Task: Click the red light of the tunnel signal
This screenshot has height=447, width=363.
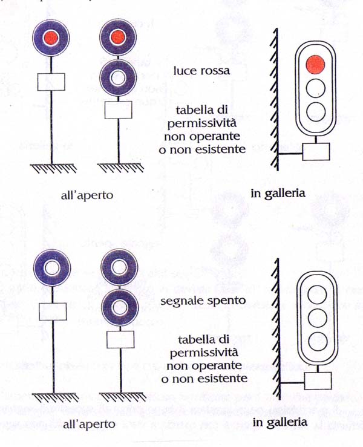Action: click(315, 65)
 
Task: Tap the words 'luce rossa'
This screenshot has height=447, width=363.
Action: click(201, 70)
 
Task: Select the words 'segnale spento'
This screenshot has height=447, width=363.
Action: click(203, 301)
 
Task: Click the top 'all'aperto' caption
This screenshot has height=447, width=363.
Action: click(87, 195)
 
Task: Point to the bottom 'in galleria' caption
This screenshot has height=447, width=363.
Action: click(280, 422)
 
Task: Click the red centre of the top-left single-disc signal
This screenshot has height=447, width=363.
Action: click(51, 38)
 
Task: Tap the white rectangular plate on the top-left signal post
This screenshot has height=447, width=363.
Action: click(51, 82)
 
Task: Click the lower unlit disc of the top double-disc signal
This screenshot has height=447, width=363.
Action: click(118, 78)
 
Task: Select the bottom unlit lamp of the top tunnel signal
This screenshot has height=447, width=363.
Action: click(316, 111)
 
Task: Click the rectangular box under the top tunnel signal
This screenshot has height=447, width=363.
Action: click(316, 152)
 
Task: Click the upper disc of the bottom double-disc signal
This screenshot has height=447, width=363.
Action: click(119, 267)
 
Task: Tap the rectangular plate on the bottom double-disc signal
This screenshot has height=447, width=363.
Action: click(120, 339)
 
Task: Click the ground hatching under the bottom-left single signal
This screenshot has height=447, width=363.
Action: click(55, 397)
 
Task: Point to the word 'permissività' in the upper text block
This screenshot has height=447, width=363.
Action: click(202, 123)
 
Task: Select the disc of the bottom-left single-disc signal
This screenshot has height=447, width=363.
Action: click(52, 268)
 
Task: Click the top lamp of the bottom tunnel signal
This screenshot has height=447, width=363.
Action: click(318, 295)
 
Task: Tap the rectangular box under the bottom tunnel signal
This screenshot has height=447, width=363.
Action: click(318, 380)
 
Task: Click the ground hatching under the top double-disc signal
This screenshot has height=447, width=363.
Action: click(120, 168)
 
